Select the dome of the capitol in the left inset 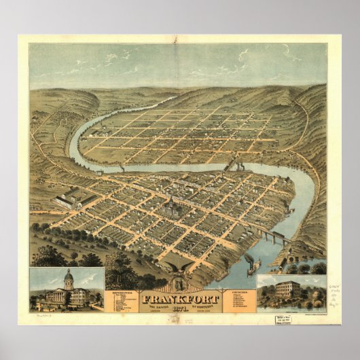click(67, 278)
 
